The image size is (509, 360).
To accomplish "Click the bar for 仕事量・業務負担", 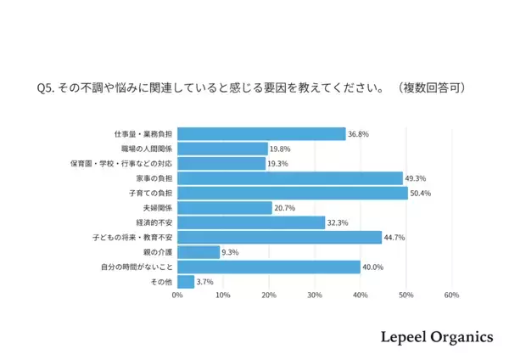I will coord(261,134).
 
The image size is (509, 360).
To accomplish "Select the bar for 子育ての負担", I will coord(293,193).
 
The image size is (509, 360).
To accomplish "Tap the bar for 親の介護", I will coord(199,252).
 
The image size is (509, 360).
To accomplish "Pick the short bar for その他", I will coord(186,282).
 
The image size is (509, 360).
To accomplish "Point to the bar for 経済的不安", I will coord(251,222).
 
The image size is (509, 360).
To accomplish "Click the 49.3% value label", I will coord(416,178).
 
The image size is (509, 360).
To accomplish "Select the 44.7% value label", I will coord(395,238).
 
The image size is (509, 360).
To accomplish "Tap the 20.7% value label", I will coord(286,208).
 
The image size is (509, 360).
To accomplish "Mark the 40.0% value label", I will coord(373,267).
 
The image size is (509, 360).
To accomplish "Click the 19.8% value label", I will coord(282,149).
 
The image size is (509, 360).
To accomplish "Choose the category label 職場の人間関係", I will coord(147,149).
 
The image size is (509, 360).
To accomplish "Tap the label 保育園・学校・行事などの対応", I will coord(122,164).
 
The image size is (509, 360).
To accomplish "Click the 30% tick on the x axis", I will coord(315,296).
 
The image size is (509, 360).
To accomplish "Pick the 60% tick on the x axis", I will coord(451,296).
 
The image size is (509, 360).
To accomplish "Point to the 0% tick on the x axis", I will coord(177,296).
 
